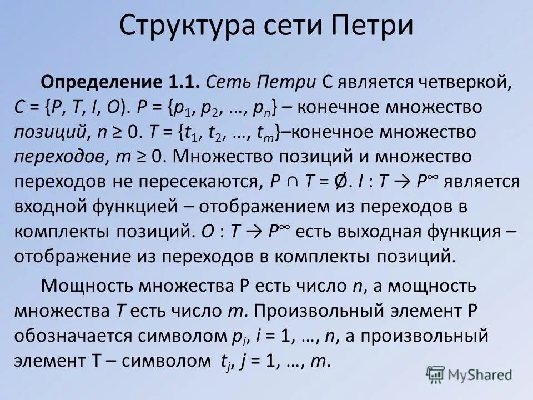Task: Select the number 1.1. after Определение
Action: tap(183, 82)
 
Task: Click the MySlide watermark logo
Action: tap(469, 375)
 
